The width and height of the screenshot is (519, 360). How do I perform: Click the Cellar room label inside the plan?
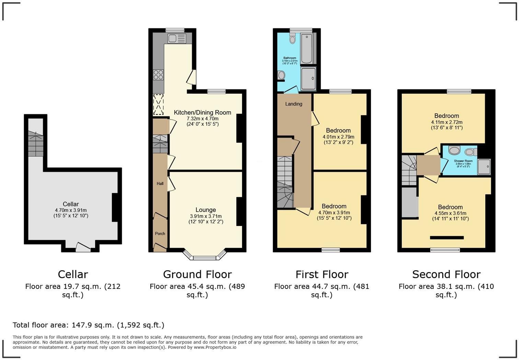pos(71,204)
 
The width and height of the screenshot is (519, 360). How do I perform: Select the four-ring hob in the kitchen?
pos(158,75)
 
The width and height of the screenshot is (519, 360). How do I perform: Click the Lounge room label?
pos(206,210)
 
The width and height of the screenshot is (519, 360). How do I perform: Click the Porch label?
pos(160,234)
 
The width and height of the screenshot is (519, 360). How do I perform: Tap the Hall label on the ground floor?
pos(160,183)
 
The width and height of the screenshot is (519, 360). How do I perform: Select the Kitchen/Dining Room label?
pos(202,112)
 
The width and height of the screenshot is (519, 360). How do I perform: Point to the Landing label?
pos(294,104)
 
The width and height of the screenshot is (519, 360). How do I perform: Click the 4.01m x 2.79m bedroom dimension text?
pos(338,137)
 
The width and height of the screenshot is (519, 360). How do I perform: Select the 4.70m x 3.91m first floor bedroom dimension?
pos(334,212)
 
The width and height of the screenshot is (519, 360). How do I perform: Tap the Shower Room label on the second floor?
pos(463,161)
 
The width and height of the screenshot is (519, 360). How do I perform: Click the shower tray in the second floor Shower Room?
pos(484,167)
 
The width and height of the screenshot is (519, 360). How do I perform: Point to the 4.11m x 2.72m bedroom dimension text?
pos(447,122)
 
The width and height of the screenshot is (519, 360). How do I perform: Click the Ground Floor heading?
pos(197,274)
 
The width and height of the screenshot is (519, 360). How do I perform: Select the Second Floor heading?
pos(446,274)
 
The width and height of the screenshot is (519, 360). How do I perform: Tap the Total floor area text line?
pos(88,325)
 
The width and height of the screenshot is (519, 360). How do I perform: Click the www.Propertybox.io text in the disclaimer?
pos(215,347)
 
